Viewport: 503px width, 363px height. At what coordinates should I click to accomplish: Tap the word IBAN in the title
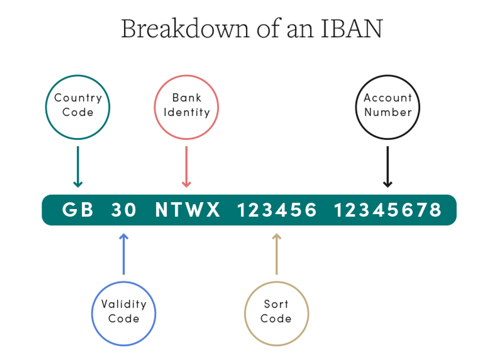[351, 28]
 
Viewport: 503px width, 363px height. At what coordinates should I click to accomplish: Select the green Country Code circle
[78, 107]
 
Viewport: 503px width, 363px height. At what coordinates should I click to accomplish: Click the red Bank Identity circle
[186, 107]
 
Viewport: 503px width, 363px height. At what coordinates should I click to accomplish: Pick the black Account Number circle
[387, 107]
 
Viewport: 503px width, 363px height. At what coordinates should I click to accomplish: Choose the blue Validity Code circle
[124, 313]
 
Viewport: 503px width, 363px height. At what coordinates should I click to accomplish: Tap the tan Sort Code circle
[276, 313]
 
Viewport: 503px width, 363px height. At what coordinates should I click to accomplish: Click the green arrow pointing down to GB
[78, 167]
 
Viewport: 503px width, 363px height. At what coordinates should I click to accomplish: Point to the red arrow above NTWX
[186, 167]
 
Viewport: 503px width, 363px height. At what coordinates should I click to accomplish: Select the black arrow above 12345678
[387, 167]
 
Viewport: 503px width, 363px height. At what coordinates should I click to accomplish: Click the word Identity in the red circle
[187, 113]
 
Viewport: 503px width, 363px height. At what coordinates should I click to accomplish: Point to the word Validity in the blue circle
[124, 304]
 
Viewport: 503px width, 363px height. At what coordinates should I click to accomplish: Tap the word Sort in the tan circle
[276, 304]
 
